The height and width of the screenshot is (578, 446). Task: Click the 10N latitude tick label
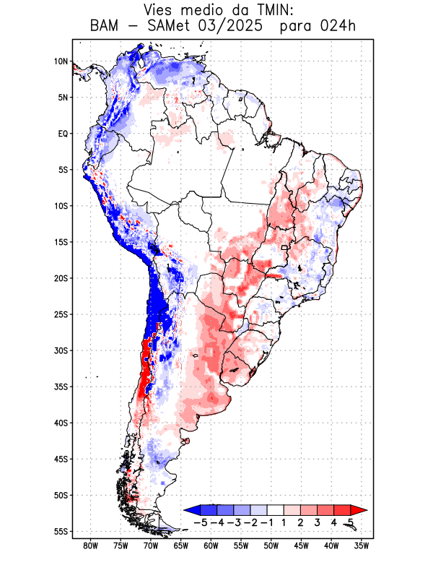tap(61, 61)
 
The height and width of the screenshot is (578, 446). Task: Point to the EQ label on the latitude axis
tap(63, 134)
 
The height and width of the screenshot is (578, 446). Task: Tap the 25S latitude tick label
tap(61, 314)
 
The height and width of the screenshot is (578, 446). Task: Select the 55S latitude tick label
tap(61, 531)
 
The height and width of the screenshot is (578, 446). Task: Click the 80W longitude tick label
tap(90, 545)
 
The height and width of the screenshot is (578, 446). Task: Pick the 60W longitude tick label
tap(211, 545)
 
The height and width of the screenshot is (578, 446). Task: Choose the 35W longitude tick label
tap(362, 545)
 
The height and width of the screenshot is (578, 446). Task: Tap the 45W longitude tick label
tap(301, 545)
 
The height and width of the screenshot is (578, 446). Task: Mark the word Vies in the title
tap(160, 11)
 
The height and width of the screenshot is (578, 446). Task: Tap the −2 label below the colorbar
tap(250, 522)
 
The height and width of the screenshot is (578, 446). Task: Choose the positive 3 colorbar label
tap(318, 522)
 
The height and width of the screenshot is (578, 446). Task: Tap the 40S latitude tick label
tap(61, 423)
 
